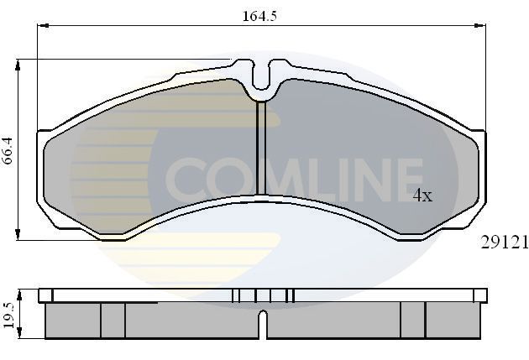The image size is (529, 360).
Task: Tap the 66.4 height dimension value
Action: (9, 149)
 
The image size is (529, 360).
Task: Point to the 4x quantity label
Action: (422, 196)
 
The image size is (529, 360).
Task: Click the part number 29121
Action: (503, 243)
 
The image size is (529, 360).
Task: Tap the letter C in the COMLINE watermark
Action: (185, 177)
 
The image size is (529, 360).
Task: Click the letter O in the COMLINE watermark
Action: (227, 177)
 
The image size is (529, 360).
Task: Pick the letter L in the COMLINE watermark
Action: (315, 177)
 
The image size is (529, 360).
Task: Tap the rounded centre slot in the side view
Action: (263, 323)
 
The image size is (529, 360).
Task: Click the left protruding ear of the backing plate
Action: (44, 135)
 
